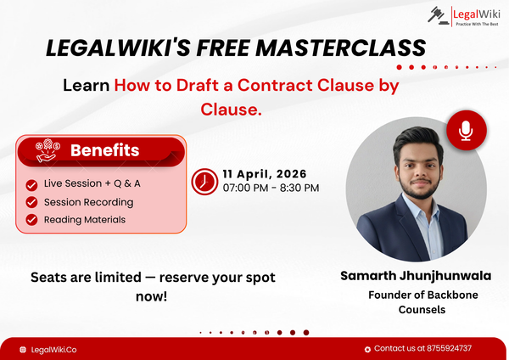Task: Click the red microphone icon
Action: (x=466, y=130)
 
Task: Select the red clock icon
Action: (x=204, y=181)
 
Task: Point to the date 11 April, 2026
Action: (x=265, y=173)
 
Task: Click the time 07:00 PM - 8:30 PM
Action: (x=271, y=187)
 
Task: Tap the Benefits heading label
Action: (x=104, y=150)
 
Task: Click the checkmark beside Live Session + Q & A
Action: (x=31, y=184)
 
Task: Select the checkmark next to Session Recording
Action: (x=31, y=202)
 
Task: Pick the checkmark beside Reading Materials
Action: (x=31, y=219)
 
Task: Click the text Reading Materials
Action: (x=85, y=219)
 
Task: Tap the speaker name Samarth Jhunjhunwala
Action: (x=416, y=276)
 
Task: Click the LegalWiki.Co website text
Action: (x=53, y=349)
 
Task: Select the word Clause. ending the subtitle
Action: (x=231, y=109)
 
